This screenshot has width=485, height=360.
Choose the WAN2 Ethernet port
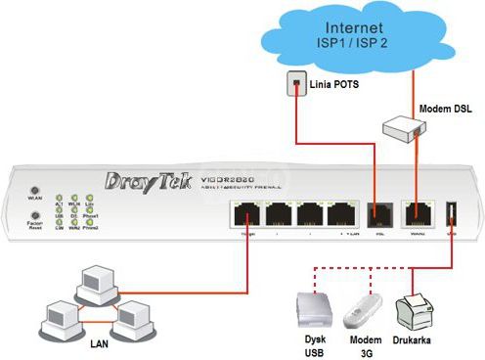(x=418, y=215)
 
